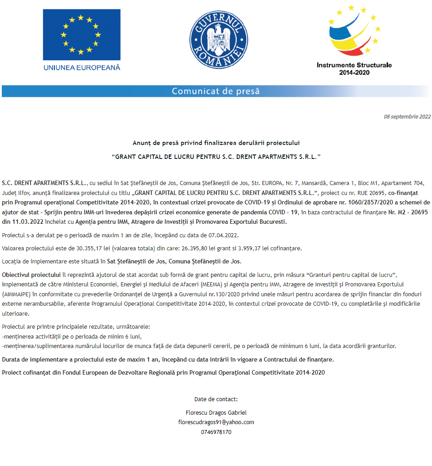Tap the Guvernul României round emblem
[x=216, y=38]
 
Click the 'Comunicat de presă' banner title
[x=216, y=91]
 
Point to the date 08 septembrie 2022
[x=407, y=117]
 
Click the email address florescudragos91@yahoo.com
[x=216, y=422]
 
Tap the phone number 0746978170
[x=216, y=432]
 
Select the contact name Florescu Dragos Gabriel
[x=216, y=413]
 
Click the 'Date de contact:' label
[x=216, y=399]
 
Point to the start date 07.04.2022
[x=223, y=235]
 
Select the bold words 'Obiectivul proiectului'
[x=31, y=275]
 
